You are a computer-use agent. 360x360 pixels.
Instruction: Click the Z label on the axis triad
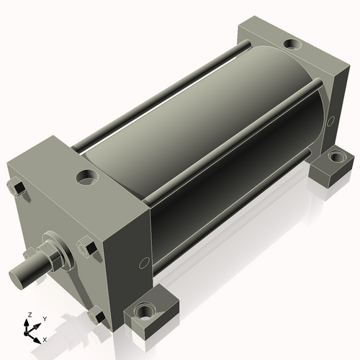click(x=30, y=315)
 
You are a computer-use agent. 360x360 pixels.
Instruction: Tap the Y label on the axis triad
click(x=45, y=319)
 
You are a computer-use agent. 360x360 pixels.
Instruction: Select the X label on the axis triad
click(x=45, y=340)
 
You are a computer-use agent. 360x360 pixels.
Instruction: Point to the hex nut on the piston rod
click(x=53, y=257)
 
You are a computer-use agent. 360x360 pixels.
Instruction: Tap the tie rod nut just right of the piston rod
click(x=88, y=247)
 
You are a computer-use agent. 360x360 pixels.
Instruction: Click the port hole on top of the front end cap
click(x=87, y=177)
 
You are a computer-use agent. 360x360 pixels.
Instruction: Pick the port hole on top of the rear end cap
click(x=292, y=44)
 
